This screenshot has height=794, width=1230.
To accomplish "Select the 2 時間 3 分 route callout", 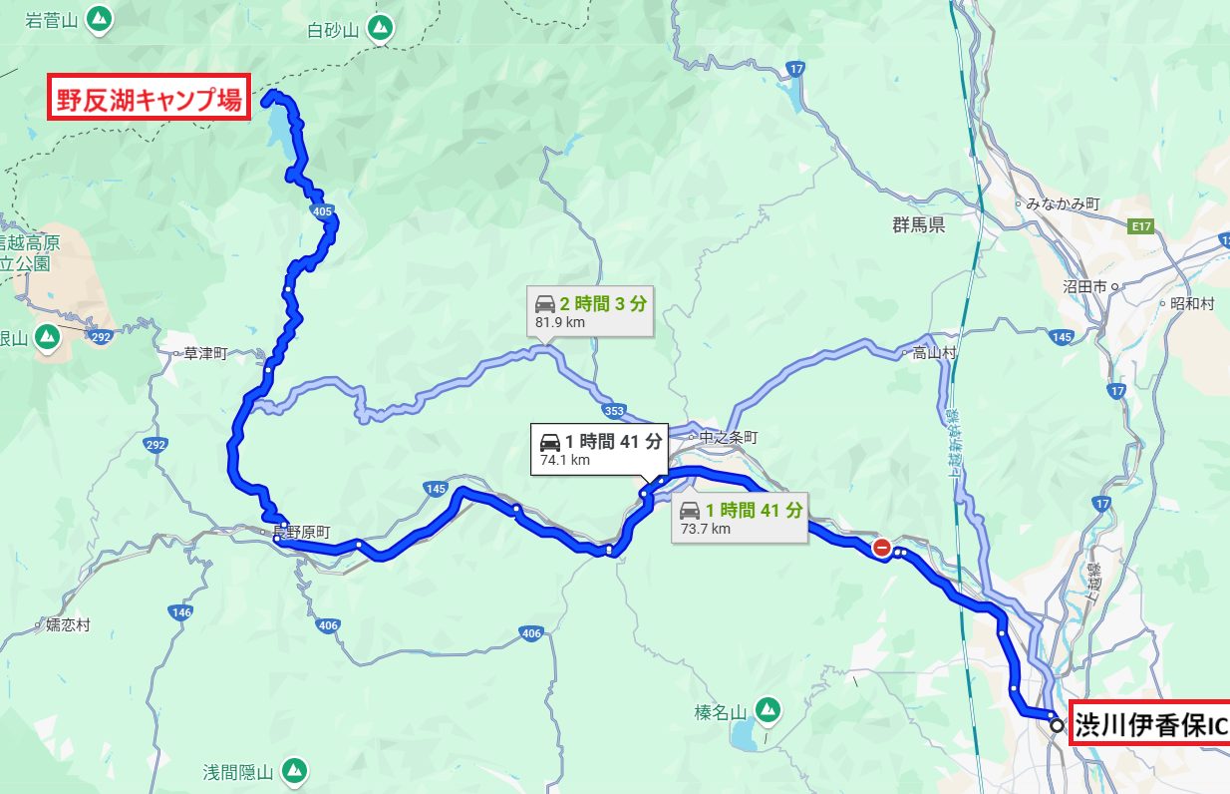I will [x=590, y=312].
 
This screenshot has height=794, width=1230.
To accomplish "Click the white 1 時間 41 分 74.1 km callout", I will [x=600, y=449].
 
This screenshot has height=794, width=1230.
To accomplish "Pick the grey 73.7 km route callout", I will [x=740, y=518].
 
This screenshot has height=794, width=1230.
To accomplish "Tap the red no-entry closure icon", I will [x=882, y=547].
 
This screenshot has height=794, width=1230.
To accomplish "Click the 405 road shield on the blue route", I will [x=321, y=211].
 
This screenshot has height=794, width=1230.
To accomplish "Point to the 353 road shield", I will [x=615, y=410].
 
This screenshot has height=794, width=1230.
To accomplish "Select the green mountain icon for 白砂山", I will [x=379, y=30].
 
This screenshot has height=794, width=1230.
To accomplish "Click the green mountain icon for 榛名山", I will [x=766, y=710].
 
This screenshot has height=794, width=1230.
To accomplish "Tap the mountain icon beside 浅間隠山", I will [x=293, y=770].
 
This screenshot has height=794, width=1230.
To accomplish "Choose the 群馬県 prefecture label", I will [x=918, y=226].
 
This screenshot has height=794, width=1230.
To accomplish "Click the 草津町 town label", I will [x=205, y=353].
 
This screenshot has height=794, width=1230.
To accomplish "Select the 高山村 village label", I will [x=934, y=352].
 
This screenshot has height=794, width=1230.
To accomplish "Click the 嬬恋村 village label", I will [x=68, y=625].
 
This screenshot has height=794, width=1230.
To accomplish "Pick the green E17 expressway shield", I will [x=1141, y=227].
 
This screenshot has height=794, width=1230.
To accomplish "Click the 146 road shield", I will [x=180, y=612].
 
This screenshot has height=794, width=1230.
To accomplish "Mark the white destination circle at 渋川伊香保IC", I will [x=1057, y=726].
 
